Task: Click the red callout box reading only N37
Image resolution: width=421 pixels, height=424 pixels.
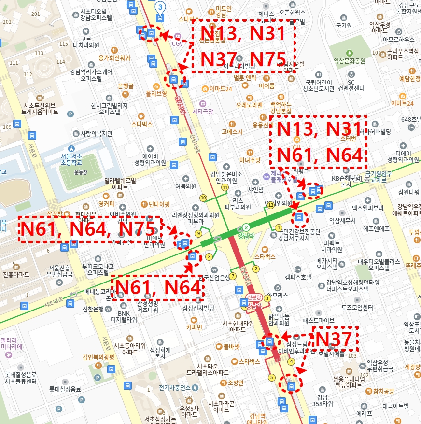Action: [x=336, y=339]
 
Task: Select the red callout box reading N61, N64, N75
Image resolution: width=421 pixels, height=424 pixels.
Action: [x=89, y=229]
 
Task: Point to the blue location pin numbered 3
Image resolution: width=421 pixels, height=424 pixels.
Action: [x=160, y=7]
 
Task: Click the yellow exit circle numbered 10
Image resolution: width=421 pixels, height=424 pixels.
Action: [x=203, y=198]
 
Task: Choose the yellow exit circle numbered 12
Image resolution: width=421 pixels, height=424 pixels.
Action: [x=270, y=205]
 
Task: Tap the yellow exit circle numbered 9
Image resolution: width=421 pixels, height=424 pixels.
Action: [x=198, y=234]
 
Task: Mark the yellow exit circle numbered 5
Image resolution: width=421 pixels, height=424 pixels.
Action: [x=271, y=377]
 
